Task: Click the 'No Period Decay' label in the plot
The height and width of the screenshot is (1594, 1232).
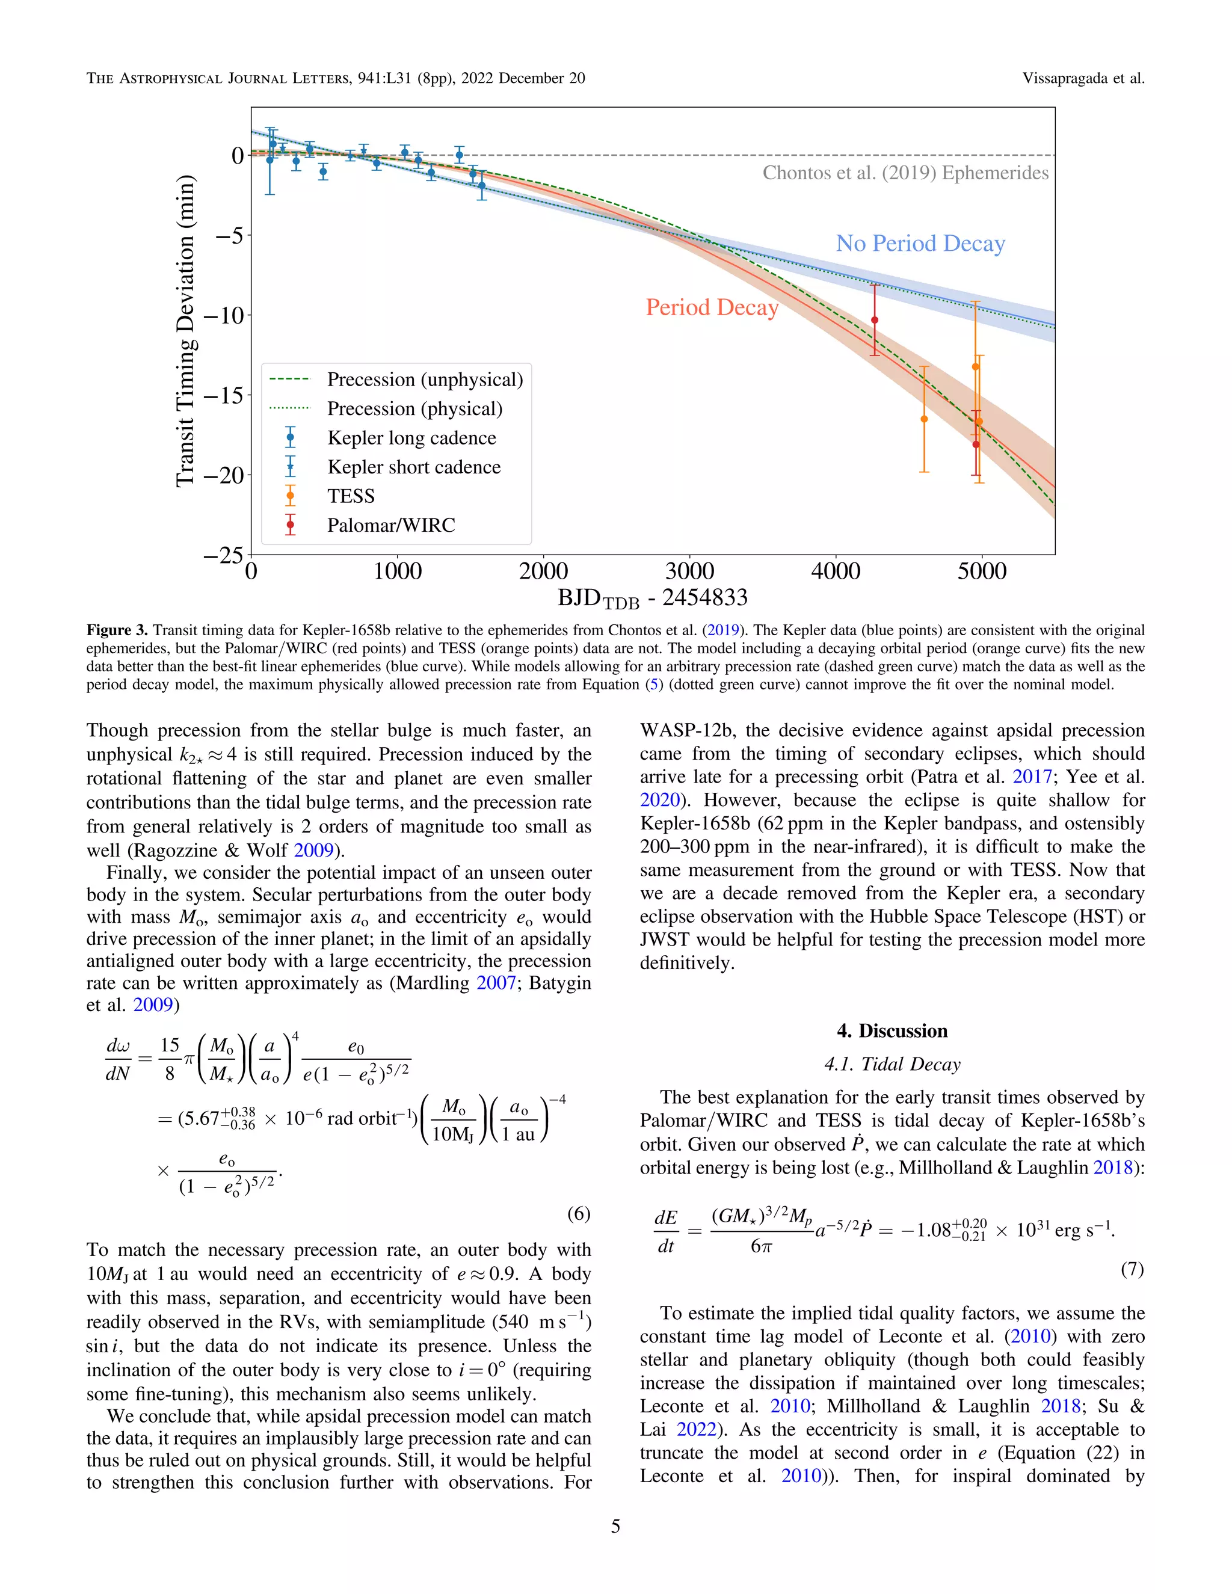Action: point(920,243)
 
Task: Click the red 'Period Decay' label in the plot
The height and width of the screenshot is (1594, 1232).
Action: point(712,307)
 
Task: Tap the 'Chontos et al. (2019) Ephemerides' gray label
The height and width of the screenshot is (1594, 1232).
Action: point(905,173)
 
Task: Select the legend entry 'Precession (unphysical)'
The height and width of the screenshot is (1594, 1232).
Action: point(425,380)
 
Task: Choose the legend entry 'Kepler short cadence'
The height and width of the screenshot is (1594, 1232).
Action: point(414,467)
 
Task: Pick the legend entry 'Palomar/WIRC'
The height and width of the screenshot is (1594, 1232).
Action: point(390,526)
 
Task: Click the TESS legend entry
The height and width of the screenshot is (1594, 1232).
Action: point(350,496)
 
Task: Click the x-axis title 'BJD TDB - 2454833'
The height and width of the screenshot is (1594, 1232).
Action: point(653,599)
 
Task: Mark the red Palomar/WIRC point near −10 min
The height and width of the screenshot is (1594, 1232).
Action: point(874,319)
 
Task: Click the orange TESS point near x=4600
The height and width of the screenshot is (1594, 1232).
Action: point(924,419)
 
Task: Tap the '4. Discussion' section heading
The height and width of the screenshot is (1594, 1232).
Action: point(892,1030)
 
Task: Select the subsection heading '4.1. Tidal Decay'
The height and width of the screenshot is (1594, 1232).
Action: point(892,1064)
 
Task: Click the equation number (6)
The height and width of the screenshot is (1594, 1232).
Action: point(578,1213)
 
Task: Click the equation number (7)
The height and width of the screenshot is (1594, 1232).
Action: point(1132,1269)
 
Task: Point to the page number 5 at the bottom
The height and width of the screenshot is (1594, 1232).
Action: point(615,1526)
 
